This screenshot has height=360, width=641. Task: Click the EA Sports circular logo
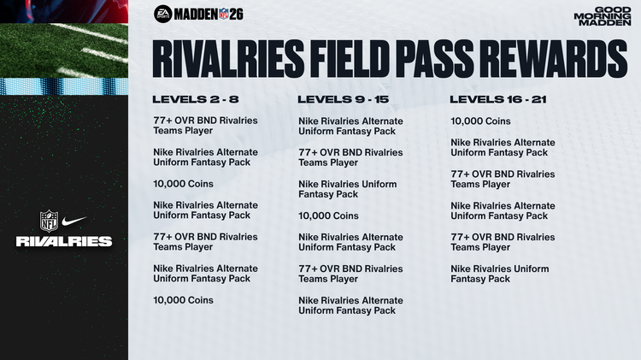[162, 13]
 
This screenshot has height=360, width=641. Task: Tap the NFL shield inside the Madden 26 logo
[224, 13]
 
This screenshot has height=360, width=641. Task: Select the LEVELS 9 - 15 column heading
[342, 99]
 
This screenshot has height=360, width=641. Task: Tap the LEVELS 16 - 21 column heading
[498, 99]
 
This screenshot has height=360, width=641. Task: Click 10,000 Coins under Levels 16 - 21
[480, 121]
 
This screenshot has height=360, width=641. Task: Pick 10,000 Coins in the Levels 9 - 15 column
[328, 216]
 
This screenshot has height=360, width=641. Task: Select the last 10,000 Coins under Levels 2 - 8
[183, 300]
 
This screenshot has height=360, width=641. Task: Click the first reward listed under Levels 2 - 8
[205, 126]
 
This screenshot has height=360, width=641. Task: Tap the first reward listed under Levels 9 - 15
[350, 127]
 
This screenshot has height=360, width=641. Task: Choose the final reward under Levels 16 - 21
[499, 274]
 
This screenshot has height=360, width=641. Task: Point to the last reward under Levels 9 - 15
[350, 305]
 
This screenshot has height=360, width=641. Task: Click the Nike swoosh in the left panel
[75, 221]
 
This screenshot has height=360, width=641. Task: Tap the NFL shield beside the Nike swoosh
[48, 221]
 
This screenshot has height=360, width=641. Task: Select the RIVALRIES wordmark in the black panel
[63, 241]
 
